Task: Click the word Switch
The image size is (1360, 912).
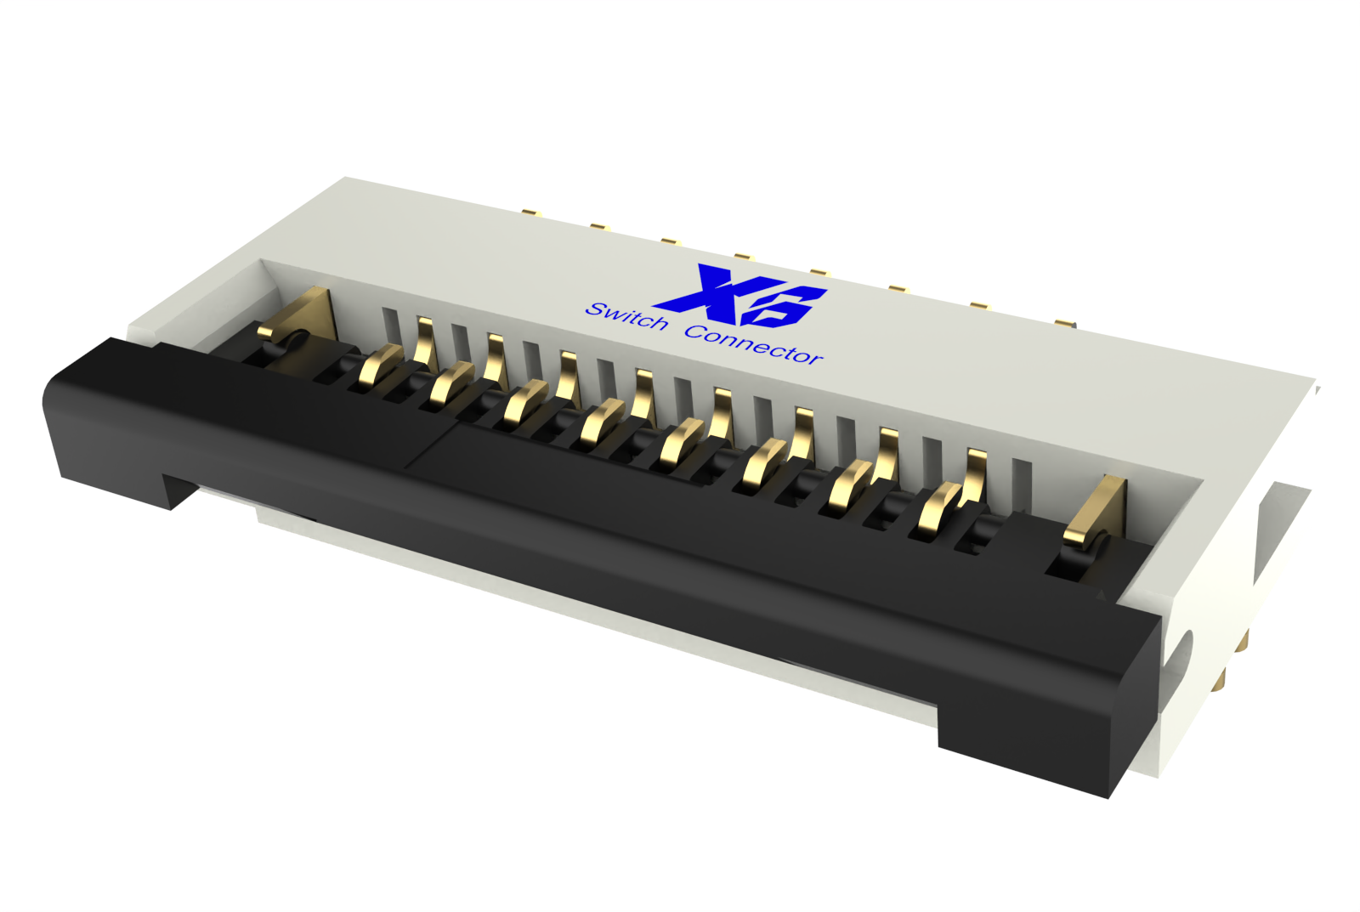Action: click(627, 316)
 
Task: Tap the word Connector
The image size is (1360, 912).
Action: click(753, 344)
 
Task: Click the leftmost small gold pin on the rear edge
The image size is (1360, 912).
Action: click(532, 212)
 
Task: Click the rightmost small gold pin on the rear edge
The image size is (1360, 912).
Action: click(1065, 322)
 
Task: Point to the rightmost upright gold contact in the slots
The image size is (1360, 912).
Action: click(976, 472)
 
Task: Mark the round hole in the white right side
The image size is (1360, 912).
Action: click(1182, 651)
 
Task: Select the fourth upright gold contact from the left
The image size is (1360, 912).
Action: click(643, 394)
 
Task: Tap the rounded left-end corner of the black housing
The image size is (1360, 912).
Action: click(55, 399)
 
